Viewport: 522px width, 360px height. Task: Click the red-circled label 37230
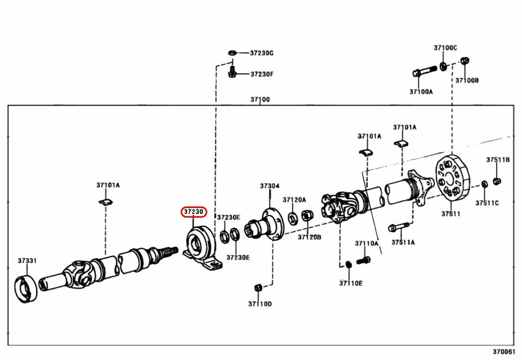(x=194, y=212)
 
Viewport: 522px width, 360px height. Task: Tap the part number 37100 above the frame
(x=260, y=99)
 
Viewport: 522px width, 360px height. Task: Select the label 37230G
(x=262, y=53)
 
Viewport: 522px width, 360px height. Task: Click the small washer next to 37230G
(x=232, y=52)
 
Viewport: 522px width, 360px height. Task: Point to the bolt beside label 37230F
(x=232, y=73)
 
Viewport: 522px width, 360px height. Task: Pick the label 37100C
(x=445, y=48)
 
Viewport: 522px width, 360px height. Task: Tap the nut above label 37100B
(x=465, y=61)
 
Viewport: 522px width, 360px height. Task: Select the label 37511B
(x=498, y=160)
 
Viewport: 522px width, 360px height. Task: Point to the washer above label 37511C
(x=484, y=184)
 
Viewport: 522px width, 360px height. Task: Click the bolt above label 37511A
(x=399, y=227)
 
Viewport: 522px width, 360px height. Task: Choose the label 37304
(x=269, y=186)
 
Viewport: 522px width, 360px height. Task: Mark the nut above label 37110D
(x=258, y=288)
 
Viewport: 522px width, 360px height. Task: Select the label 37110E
(x=351, y=283)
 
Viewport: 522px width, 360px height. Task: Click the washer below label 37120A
(x=293, y=218)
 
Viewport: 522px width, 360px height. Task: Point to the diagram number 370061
(x=503, y=352)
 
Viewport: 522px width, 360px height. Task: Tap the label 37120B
(x=309, y=237)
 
